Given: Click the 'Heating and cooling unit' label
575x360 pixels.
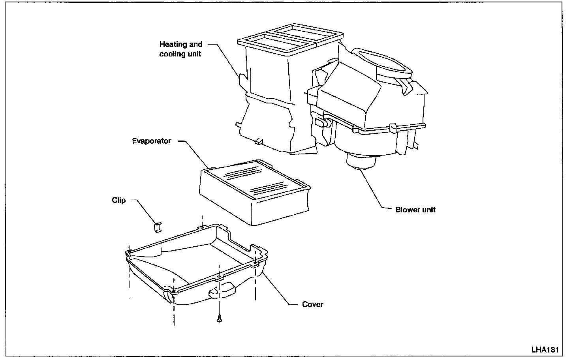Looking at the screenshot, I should (180, 49).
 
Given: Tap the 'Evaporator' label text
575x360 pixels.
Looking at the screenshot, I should (152, 141).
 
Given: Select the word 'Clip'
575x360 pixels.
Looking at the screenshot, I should (118, 201).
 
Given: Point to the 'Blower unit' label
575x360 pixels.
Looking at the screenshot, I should (415, 210).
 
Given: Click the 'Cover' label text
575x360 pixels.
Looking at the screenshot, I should (312, 304).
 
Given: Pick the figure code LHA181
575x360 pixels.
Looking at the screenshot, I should (545, 350).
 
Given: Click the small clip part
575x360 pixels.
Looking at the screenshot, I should (158, 227).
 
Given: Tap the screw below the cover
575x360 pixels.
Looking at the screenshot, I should (218, 319).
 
